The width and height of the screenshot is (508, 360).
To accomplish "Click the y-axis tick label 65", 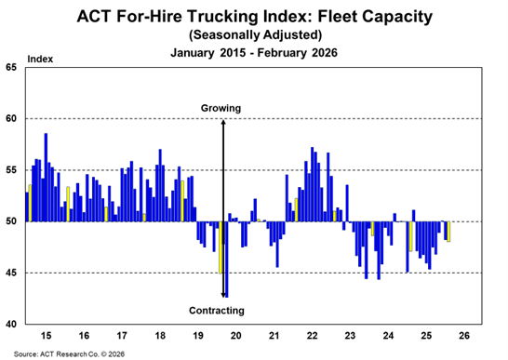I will (12, 68).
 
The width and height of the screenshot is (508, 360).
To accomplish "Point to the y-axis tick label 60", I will (12, 119).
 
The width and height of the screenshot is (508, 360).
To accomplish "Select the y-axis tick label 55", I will (12, 170).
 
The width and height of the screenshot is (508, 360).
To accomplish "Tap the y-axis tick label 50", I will (12, 221).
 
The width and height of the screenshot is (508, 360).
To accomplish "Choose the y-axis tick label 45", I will (12, 273).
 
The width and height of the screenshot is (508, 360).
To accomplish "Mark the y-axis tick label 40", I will (12, 324).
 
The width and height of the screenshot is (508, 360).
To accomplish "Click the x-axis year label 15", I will (46, 334).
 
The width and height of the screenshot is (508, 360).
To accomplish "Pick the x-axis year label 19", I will (197, 334).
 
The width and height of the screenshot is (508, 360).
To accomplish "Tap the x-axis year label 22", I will (312, 334).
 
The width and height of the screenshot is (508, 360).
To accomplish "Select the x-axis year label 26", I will (464, 334).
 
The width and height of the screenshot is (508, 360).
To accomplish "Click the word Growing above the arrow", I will (221, 109).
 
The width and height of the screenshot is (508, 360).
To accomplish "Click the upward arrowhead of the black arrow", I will (223, 122).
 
